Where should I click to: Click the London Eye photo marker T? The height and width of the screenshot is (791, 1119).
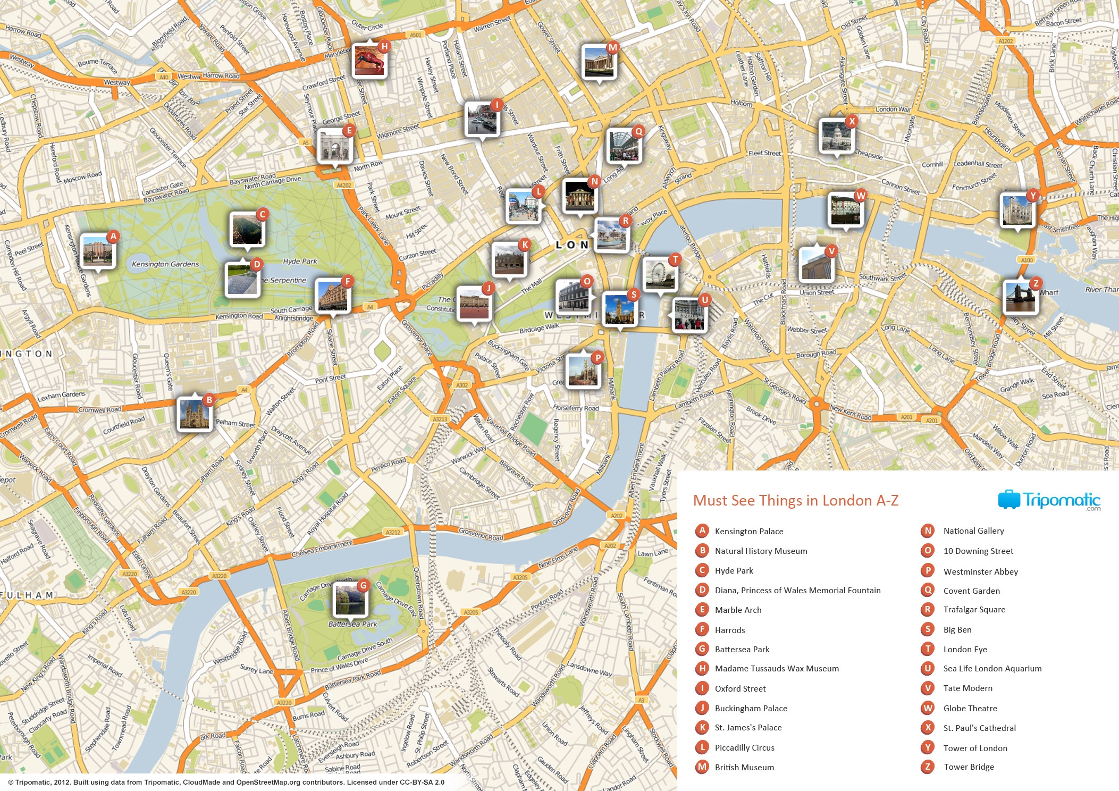tap(659, 274)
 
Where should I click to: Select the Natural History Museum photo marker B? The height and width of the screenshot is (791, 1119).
tap(194, 414)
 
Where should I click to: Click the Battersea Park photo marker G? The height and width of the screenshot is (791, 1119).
tap(349, 600)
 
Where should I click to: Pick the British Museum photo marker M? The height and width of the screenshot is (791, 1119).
tap(599, 62)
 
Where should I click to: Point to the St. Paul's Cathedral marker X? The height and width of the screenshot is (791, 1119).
tap(836, 136)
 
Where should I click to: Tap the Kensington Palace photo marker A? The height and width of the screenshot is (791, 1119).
tap(97, 250)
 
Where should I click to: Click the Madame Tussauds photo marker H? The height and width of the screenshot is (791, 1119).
tap(369, 61)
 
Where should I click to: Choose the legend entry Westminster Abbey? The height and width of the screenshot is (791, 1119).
tap(980, 571)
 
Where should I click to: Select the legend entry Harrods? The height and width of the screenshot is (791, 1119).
tap(729, 630)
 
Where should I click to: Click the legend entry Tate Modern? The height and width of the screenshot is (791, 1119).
tap(967, 688)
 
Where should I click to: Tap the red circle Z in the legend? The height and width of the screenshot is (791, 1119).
tap(928, 767)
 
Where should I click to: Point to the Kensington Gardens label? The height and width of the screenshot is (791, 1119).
tap(165, 264)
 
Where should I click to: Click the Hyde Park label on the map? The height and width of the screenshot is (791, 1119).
tap(300, 261)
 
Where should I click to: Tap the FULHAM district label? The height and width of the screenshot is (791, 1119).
tap(27, 595)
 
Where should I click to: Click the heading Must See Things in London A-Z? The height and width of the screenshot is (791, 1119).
tap(795, 501)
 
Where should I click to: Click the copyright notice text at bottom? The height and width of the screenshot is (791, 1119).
tap(226, 782)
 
